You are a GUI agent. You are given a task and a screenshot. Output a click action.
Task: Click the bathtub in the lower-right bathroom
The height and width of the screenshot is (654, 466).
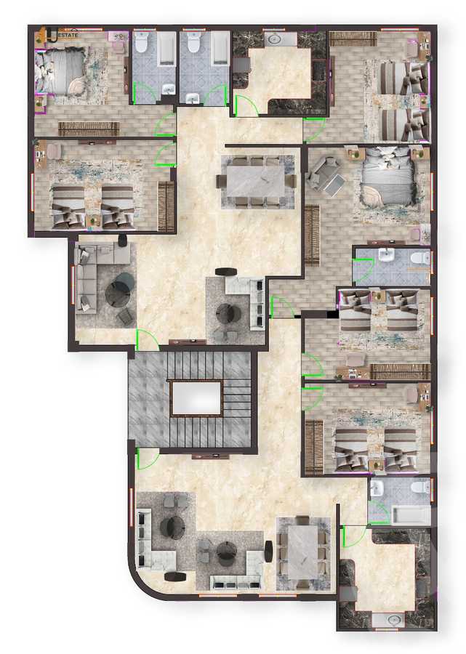pos(410,514)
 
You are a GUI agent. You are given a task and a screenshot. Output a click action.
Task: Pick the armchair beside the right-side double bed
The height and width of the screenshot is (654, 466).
pos(324,174)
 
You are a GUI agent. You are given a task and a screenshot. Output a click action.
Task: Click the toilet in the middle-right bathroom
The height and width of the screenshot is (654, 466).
pos(419,258)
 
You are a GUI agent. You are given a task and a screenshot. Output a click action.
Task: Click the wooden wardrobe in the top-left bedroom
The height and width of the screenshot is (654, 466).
pos(88,129)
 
